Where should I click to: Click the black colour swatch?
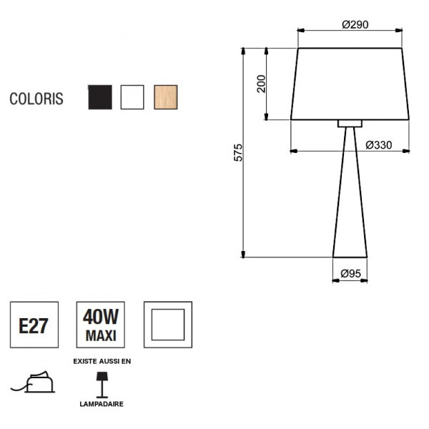pos(100,97)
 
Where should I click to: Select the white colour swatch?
pos(132,97)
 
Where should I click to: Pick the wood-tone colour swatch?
pos(166,97)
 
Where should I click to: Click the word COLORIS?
pos(36,99)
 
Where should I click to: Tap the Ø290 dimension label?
pos(355,24)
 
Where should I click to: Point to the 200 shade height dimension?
pos(262,84)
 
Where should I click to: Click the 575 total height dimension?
pos(238,152)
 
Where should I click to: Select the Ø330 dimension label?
pos(379,145)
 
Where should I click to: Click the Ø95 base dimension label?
pos(350,273)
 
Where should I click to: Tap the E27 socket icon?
pos(34,325)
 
